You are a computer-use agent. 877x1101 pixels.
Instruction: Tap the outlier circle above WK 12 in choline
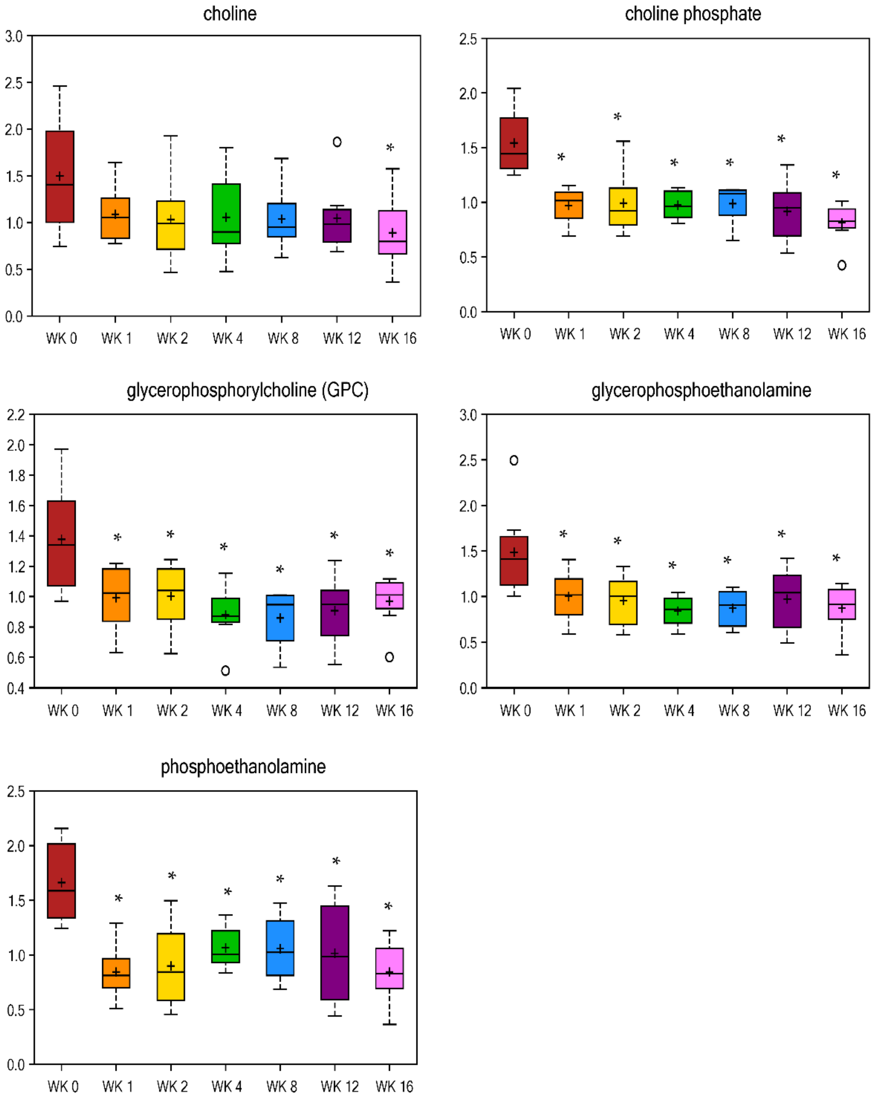pos(337,142)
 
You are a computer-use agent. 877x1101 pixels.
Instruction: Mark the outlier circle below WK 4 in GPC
pos(225,671)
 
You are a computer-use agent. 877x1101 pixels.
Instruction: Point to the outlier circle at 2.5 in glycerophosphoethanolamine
pos(514,460)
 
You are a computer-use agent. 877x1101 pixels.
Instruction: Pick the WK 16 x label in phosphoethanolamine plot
pos(394,1086)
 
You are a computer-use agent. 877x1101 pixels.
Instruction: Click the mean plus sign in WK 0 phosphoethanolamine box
pos(61,882)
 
